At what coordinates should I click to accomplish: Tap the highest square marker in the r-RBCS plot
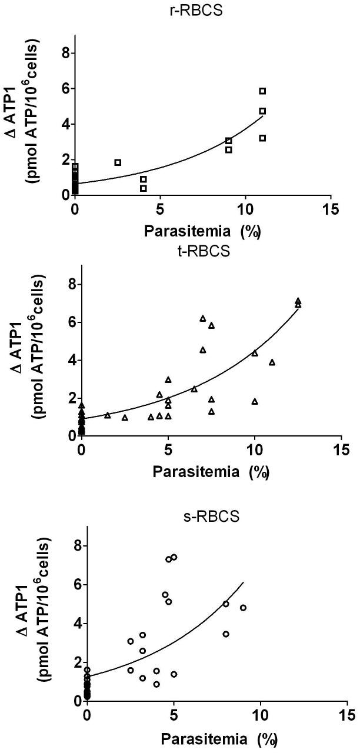262,91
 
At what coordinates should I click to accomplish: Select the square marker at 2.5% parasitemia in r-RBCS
118,162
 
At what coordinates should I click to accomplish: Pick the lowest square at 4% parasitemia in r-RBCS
143,188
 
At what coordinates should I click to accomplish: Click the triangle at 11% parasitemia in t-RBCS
272,362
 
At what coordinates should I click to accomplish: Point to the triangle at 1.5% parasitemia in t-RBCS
108,415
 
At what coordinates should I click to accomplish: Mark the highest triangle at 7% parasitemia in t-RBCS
203,318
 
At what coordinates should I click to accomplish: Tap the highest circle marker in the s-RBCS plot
174,557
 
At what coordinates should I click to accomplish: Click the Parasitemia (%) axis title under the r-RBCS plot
202,231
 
